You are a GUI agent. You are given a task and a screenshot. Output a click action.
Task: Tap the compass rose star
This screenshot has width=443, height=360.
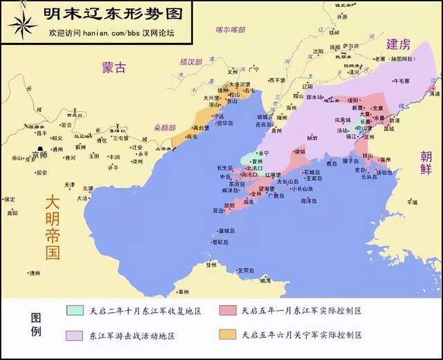pos(23,24)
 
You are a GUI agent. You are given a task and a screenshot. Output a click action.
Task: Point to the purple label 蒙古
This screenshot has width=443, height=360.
pos(115,68)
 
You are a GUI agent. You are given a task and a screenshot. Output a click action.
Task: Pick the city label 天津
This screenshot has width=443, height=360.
pos(69,185)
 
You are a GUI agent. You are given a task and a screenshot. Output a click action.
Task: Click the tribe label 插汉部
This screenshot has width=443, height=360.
pos(190,62)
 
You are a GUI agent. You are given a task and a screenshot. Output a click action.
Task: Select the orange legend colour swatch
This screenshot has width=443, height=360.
pos(227,335)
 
